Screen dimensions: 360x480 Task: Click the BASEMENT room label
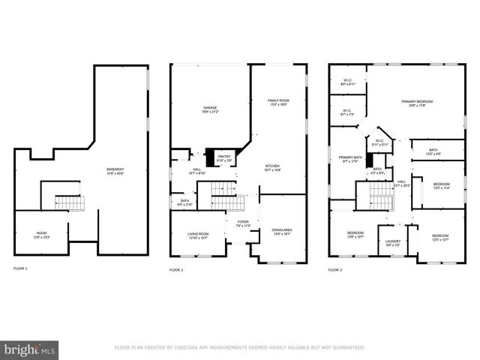pos(115,170)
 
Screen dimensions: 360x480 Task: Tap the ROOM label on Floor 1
pos(41,235)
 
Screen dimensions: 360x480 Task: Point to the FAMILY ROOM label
pos(278,100)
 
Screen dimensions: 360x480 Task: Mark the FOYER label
pos(243,223)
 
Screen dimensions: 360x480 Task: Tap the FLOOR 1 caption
pos(20,268)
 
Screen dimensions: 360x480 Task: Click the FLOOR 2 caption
pos(176,269)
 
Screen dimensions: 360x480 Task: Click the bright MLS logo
pos(30,349)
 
